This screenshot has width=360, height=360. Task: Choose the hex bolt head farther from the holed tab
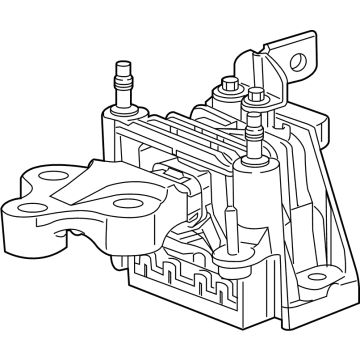[x=229, y=84]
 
